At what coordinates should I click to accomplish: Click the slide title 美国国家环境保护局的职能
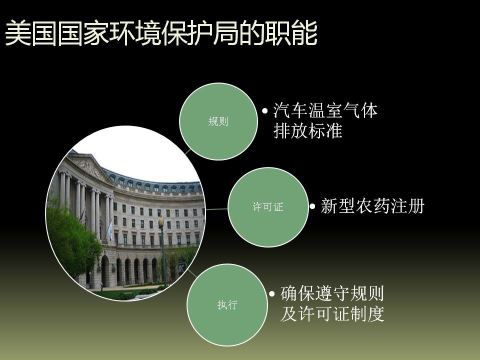pos(161,33)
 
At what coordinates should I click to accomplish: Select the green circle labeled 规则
pos(218,121)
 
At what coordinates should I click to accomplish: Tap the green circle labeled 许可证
pos(268,207)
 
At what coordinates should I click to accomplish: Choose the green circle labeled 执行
pos(227,305)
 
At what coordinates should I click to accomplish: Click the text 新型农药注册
pos(372,206)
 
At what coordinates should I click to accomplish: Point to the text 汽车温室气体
pos(325,110)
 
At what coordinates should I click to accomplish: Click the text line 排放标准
pos(307,130)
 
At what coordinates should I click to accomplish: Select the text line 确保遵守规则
pos(332,293)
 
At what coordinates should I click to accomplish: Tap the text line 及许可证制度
pos(332,314)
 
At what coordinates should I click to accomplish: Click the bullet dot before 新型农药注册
pos(312,206)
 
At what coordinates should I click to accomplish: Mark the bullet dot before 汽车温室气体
pos(265,111)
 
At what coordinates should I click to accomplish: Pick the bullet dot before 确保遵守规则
pos(272,294)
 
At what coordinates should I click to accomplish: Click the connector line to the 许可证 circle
pos(216,209)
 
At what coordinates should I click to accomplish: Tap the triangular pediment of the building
pos(89,167)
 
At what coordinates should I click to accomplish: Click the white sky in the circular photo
pos(138,153)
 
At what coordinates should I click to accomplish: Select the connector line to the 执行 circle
pos(192,273)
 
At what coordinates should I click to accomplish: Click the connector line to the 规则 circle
pos(187,152)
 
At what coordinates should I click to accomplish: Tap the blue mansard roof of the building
pos(153,180)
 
